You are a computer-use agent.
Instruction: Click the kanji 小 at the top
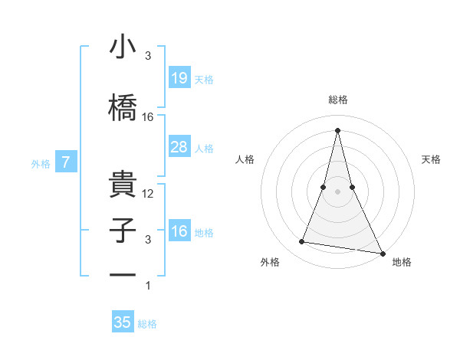[123, 47]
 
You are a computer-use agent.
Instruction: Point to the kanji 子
[123, 231]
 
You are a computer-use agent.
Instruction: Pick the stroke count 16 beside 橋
[148, 117]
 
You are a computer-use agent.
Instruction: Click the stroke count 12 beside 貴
[148, 194]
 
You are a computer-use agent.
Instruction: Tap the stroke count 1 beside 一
[148, 286]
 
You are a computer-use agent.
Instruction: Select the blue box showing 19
[179, 77]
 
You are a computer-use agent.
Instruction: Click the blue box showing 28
[179, 147]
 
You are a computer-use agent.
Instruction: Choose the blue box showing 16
[179, 231]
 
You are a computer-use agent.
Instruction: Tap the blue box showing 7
[67, 162]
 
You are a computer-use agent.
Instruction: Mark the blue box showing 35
[123, 322]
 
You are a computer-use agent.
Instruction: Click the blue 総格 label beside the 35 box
[147, 324]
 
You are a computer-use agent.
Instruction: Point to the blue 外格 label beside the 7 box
[41, 163]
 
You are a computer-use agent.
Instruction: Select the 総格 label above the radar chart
[338, 100]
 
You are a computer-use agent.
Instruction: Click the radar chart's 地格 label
[402, 262]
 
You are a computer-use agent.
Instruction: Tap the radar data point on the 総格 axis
[338, 130]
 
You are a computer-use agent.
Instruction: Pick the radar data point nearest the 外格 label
[302, 242]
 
